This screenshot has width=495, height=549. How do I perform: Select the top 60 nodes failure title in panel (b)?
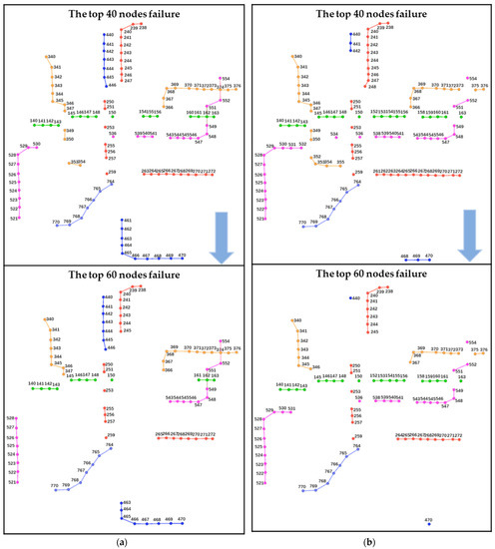click(370, 273)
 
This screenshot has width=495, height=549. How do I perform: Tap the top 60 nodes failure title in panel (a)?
click(124, 273)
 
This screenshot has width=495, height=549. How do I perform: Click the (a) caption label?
click(124, 540)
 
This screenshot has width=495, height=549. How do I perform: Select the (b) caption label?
click(370, 540)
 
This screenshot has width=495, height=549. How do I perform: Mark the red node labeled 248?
click(365, 87)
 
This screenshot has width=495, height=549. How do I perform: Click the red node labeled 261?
click(375, 174)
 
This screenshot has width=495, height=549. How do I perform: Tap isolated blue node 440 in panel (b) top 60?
click(350, 297)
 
